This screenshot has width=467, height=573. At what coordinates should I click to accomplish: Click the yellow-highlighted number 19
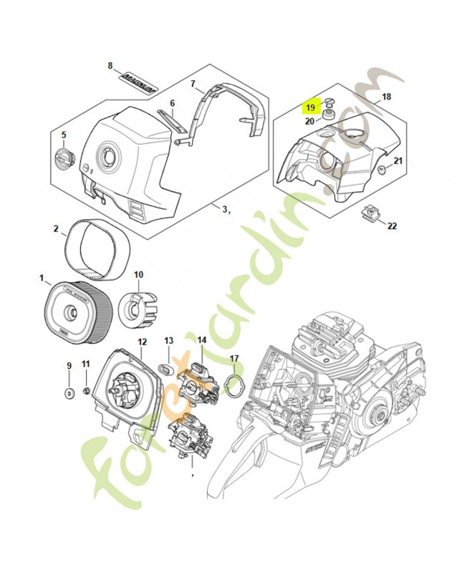[310, 107]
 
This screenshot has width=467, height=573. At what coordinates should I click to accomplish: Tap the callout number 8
[110, 66]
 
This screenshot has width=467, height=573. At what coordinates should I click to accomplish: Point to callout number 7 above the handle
[193, 85]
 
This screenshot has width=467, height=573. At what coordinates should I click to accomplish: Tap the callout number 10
[139, 274]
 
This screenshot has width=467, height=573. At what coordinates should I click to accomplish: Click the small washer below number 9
[69, 393]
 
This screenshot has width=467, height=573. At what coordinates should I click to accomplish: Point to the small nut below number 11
[85, 391]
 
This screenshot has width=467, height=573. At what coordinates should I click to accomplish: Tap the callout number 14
[202, 342]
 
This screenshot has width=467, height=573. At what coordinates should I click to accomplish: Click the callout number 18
[386, 96]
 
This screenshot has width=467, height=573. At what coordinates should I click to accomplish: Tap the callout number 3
[224, 209]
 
